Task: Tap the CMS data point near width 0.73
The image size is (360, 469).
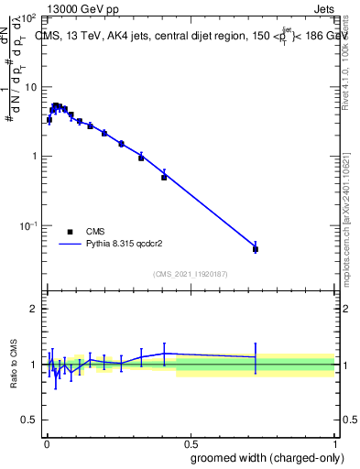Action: tap(256, 249)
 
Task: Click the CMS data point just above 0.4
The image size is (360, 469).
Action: tap(164, 177)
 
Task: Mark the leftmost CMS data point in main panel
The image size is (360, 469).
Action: tap(49, 120)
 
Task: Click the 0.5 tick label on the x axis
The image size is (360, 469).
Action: tap(191, 442)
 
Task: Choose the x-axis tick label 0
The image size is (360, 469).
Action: tap(46, 442)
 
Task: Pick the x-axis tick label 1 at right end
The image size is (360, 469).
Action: tap(334, 442)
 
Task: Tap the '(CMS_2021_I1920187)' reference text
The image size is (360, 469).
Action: tap(191, 273)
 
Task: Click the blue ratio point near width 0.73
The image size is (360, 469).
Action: tap(256, 357)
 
